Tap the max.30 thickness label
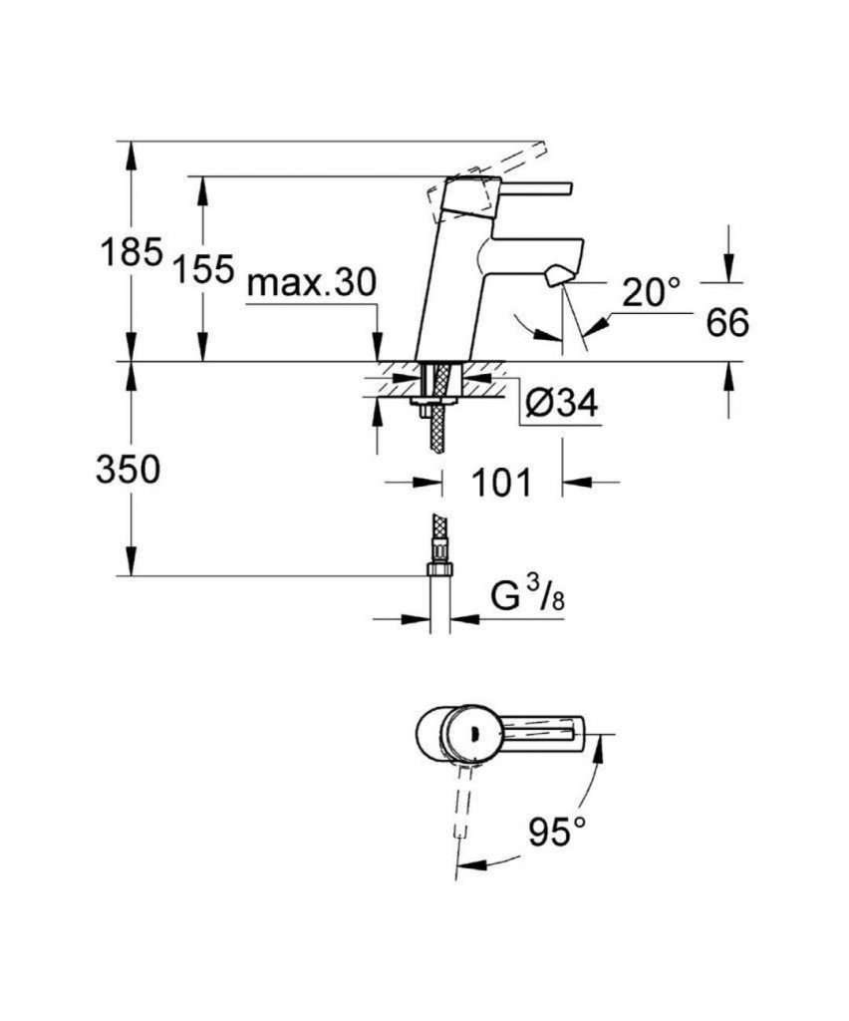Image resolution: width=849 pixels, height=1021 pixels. point(312,283)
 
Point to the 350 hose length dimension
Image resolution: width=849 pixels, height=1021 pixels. point(129,469)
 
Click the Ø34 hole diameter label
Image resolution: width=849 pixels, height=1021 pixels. point(560,404)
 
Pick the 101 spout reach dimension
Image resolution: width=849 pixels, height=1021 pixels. point(502,484)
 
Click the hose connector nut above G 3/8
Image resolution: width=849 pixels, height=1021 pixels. point(438,568)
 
